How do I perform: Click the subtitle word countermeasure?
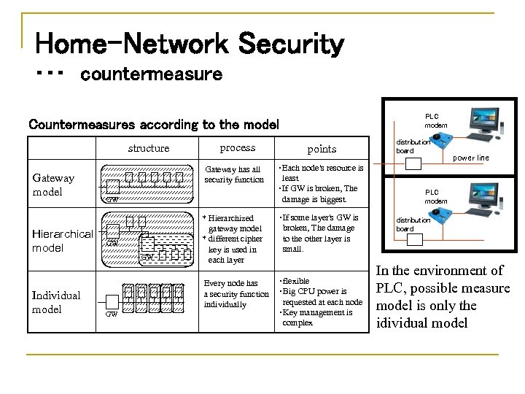147,74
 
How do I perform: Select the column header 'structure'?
148,148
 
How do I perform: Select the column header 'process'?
237,147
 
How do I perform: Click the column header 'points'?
322,149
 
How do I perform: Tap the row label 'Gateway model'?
53,185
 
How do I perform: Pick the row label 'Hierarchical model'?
63,241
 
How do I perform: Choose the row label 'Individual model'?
57,302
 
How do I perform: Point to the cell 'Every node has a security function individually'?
236,294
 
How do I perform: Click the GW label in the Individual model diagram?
112,314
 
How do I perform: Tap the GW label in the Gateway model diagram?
112,198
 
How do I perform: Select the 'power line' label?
472,157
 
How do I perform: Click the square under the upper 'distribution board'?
413,163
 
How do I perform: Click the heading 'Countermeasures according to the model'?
153,123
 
